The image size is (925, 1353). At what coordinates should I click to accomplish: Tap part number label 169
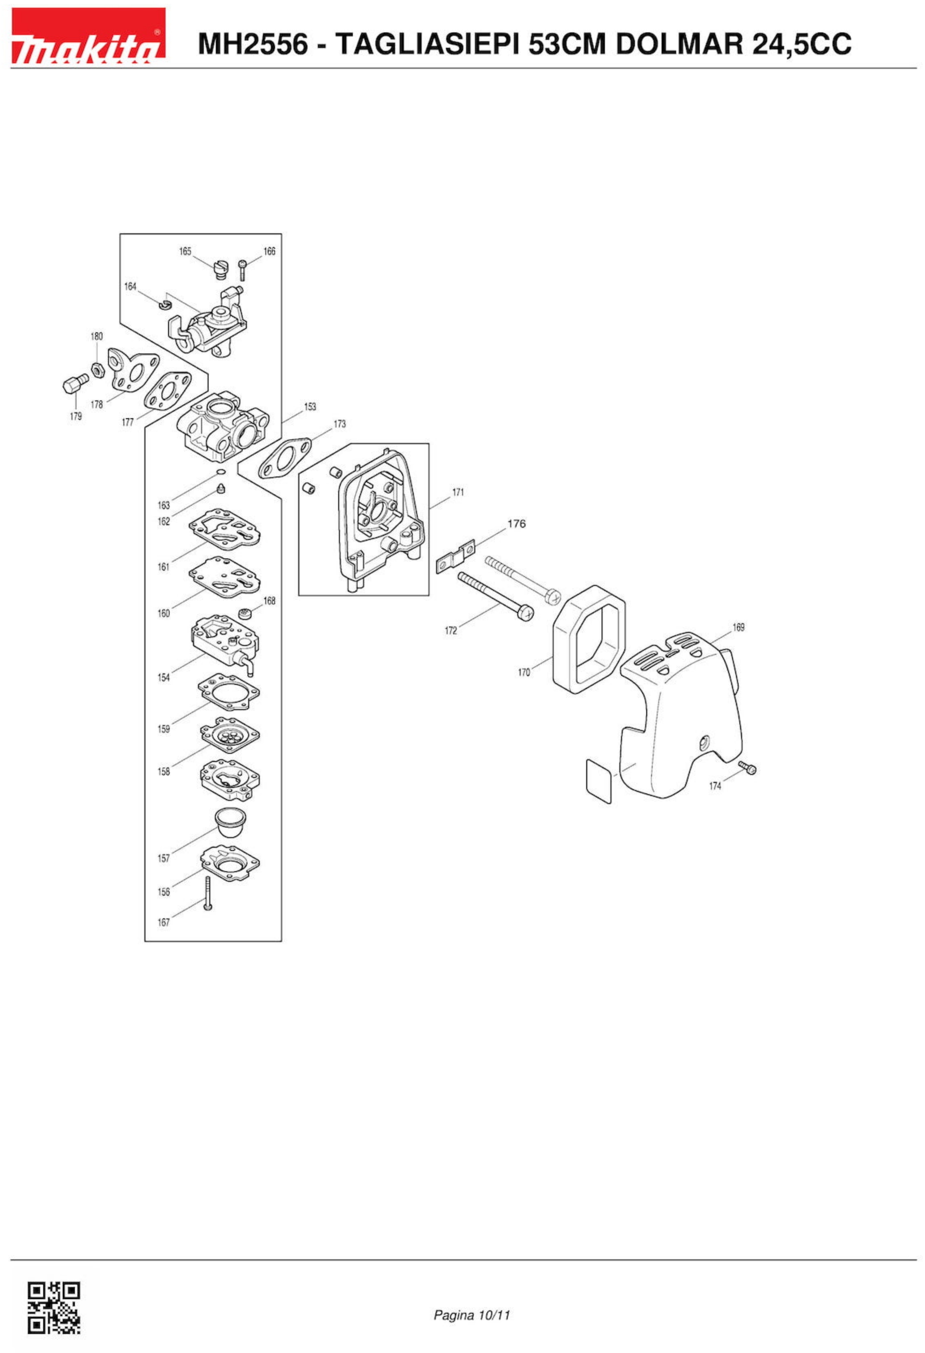click(738, 627)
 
